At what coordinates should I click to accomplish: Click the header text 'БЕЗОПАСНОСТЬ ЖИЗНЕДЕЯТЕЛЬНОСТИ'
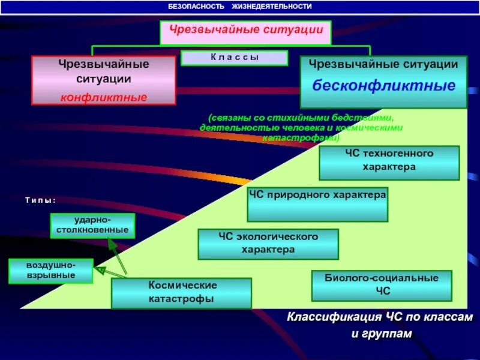point(239,7)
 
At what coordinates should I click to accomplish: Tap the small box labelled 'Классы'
point(235,58)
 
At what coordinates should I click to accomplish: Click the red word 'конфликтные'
point(103,97)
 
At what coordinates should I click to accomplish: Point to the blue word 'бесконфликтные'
point(383,85)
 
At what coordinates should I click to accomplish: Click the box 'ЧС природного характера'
point(317,204)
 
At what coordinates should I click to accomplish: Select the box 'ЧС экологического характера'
point(268,244)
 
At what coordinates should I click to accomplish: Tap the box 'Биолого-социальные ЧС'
point(382,285)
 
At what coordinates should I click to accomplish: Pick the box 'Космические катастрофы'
point(182,292)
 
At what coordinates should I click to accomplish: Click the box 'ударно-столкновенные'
point(92,225)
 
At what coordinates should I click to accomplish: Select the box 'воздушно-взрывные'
point(51,271)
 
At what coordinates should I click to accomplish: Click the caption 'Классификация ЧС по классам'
point(379,317)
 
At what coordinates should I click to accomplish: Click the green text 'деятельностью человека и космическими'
point(301,128)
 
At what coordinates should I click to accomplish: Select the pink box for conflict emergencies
point(103,80)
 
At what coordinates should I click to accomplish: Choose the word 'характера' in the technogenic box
point(389,167)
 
